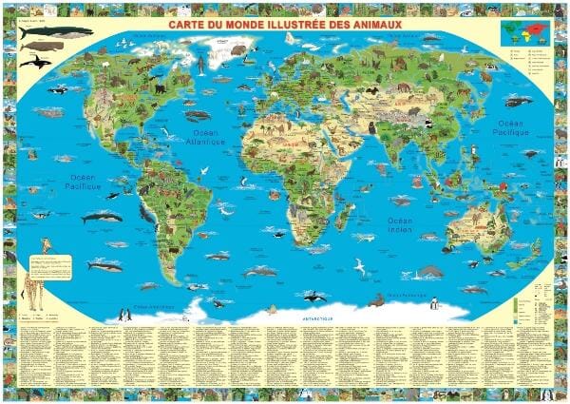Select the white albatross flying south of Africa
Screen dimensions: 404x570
361,266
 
